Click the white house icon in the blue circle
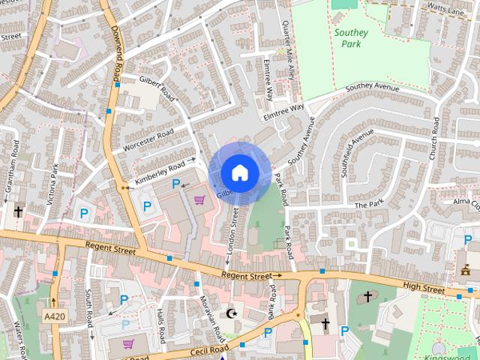coord(239,173)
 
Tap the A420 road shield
coord(54,317)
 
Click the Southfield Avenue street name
coord(357,153)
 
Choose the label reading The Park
coord(368,205)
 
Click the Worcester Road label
coord(148,139)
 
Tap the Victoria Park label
coord(53,181)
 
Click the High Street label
coord(424,286)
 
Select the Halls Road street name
coord(160,325)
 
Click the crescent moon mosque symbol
coord(231,313)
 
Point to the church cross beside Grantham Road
coord(18,212)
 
